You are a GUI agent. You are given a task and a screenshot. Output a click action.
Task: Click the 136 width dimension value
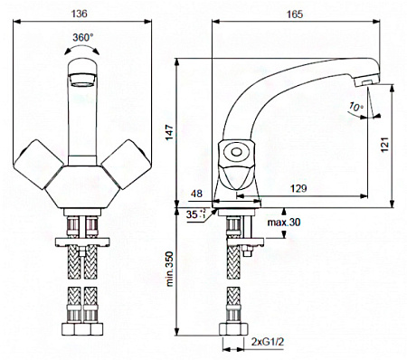pyautogui.click(x=80, y=14)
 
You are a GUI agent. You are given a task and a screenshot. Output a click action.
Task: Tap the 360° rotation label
pyautogui.click(x=83, y=37)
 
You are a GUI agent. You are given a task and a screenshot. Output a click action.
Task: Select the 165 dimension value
pyautogui.click(x=295, y=14)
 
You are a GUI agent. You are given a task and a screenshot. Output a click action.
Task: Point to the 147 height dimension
pyautogui.click(x=170, y=132)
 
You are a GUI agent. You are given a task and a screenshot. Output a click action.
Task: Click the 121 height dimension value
pyautogui.click(x=384, y=145)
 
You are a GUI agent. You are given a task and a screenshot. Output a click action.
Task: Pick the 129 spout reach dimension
pyautogui.click(x=298, y=188)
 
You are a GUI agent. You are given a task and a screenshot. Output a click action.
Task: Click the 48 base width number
pyautogui.click(x=196, y=194)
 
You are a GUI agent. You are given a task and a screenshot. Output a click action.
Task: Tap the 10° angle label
pyautogui.click(x=356, y=107)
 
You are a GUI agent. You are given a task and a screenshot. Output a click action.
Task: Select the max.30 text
pyautogui.click(x=284, y=223)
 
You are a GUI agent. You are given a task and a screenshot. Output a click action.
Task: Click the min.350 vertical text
pyautogui.click(x=170, y=269)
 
